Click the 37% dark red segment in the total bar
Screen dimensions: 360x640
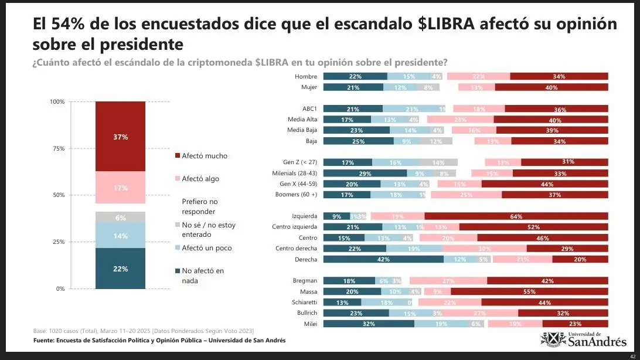coord(121,137)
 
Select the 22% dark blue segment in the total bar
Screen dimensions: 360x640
coord(121,269)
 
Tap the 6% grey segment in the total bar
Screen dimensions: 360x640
coord(121,218)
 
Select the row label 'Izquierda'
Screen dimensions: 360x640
coord(304,216)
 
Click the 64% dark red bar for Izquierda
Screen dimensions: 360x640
coord(516,216)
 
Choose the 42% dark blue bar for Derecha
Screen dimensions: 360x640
coord(383,259)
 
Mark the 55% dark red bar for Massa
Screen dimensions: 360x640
coord(529,292)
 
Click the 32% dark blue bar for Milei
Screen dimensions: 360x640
coord(369,324)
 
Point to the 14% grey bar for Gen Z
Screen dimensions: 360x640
coord(438,162)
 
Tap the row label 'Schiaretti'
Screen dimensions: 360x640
coord(304,303)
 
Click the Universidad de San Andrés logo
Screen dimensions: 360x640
coord(584,339)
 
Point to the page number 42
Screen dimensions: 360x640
coord(632,355)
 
